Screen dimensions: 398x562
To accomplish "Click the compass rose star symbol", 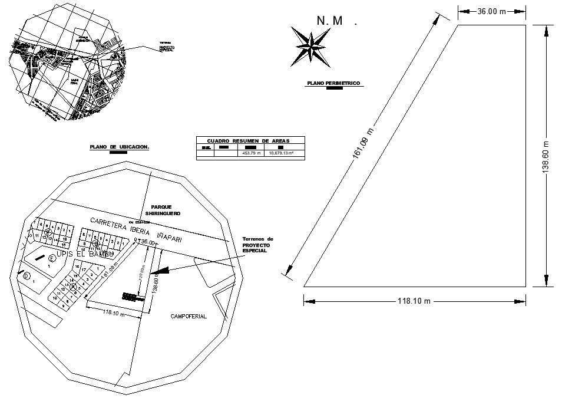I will [310, 45].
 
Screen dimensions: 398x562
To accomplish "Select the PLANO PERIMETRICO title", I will [333, 84].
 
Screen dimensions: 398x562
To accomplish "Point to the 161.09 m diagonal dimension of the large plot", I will [361, 145].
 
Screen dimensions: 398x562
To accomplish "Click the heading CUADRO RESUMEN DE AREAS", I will [250, 141].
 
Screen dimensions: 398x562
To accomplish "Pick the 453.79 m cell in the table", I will [251, 153].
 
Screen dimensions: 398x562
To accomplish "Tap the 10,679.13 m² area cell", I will [281, 153].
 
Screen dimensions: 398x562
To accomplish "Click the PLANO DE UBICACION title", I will [119, 147].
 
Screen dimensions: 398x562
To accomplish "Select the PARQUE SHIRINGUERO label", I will [161, 210].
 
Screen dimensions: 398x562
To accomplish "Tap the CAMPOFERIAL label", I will [189, 317].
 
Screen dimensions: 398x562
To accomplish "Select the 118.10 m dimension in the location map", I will [113, 313].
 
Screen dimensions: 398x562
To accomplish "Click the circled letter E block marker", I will [52, 258].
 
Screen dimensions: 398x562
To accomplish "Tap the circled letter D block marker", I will [26, 275].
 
